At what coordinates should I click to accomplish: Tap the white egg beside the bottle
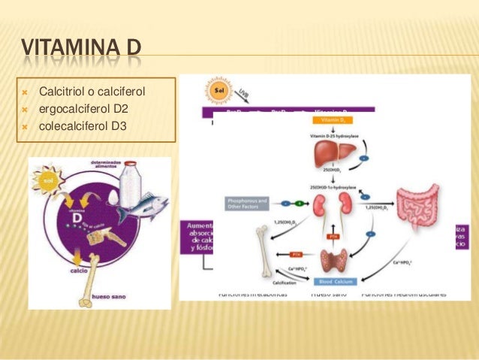pos(113,197)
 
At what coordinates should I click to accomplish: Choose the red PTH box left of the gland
pos(297,256)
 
